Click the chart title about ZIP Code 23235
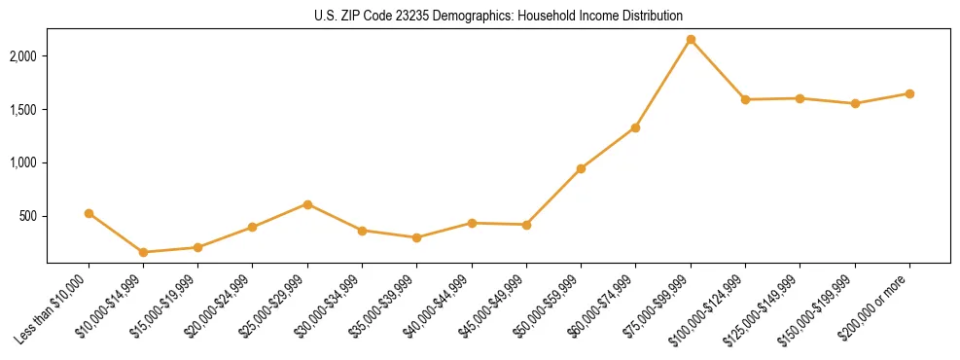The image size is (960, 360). (x=498, y=16)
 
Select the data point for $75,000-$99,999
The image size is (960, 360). (x=691, y=39)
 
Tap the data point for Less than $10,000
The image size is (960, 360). (x=89, y=213)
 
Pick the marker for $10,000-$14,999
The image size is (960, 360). (x=144, y=252)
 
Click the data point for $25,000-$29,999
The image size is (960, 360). (x=307, y=204)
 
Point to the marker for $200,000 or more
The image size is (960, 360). (x=909, y=93)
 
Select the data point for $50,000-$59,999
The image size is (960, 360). (x=581, y=168)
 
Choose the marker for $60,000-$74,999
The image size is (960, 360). (x=635, y=127)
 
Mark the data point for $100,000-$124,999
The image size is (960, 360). (x=745, y=99)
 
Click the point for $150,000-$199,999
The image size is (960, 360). (x=855, y=103)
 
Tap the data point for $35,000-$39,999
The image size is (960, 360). (x=417, y=237)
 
